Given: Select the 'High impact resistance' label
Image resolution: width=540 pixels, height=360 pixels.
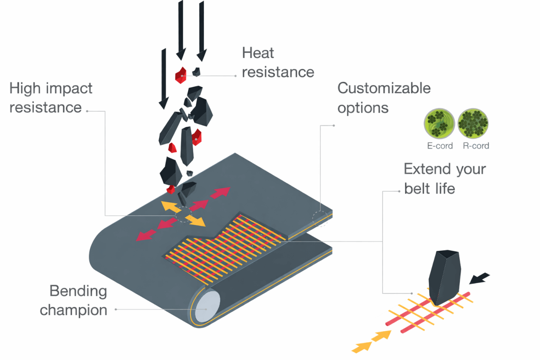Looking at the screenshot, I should (50, 98).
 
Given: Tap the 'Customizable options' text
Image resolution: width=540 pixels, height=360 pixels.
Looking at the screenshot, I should (384, 98).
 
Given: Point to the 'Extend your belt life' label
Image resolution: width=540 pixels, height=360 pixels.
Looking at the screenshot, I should (445, 178).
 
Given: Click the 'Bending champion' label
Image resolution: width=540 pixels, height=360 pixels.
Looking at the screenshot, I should (74, 301).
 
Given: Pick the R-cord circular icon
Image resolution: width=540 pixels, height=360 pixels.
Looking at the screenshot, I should (473, 124).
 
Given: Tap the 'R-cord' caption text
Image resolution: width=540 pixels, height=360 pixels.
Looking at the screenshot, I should (476, 146).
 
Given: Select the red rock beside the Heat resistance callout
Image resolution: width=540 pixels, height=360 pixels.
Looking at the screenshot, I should (181, 74).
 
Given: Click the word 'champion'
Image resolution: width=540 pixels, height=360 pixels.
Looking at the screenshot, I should (74, 310).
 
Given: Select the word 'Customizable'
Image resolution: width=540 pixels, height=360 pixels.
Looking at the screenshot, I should (384, 88).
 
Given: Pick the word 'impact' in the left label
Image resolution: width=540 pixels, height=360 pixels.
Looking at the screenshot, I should (71, 88).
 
